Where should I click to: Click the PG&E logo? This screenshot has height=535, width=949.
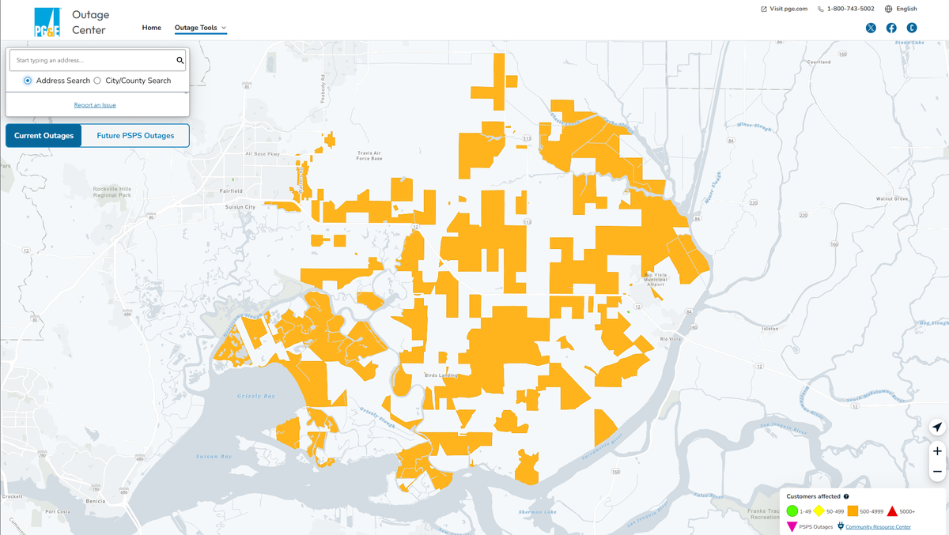click(x=47, y=22)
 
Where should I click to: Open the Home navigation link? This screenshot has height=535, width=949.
click(x=152, y=28)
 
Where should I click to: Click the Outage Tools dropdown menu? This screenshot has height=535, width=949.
click(x=200, y=28)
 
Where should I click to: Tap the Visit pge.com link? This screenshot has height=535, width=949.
click(x=785, y=9)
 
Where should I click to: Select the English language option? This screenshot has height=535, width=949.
click(x=902, y=9)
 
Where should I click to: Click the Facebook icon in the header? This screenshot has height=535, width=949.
click(x=891, y=28)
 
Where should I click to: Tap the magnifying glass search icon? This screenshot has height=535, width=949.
click(x=180, y=60)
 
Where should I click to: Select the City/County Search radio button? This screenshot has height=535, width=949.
click(x=97, y=81)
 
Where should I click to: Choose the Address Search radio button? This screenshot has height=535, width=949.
click(x=28, y=81)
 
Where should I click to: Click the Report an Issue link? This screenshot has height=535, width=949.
click(x=95, y=105)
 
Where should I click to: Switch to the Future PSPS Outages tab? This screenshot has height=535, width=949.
click(x=135, y=136)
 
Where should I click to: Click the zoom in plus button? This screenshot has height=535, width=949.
click(x=937, y=451)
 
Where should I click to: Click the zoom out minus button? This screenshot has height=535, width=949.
click(x=937, y=472)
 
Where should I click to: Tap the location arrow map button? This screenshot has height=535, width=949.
click(x=937, y=427)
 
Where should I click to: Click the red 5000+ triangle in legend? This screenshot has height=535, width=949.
click(x=892, y=511)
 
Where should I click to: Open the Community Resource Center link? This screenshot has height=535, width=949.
click(x=878, y=527)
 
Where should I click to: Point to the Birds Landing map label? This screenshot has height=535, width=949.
click(x=440, y=375)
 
